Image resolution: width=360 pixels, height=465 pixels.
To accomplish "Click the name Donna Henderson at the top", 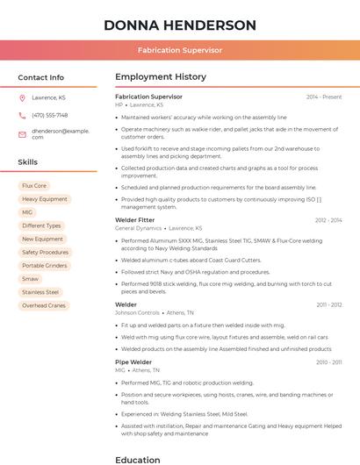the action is click(180, 25).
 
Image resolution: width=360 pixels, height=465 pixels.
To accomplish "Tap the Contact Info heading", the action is click(41, 77).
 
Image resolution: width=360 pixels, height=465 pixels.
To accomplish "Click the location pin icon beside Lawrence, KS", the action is click(22, 97).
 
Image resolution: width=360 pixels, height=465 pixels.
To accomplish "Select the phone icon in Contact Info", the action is click(22, 115).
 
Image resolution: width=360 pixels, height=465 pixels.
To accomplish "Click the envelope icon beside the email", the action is click(22, 133).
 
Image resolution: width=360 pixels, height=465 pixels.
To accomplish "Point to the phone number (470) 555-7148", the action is click(50, 115).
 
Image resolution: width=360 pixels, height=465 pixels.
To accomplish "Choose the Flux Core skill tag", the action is click(34, 186).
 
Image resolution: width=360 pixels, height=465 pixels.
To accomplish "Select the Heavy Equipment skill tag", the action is click(45, 199).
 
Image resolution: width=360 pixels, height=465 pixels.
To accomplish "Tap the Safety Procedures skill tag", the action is click(46, 252).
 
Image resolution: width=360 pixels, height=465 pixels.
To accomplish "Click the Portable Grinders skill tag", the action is click(45, 265).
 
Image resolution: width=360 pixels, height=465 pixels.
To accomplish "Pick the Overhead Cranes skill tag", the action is click(44, 305).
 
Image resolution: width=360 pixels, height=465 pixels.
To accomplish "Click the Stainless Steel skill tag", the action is click(40, 292).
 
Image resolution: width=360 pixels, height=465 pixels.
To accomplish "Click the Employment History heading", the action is click(161, 77).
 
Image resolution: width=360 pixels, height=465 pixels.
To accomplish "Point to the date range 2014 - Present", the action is click(324, 97).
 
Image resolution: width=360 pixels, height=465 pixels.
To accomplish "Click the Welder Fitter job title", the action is click(134, 220).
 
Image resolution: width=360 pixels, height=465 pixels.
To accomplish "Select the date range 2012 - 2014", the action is click(328, 220).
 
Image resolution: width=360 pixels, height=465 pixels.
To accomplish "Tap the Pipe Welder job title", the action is click(133, 361).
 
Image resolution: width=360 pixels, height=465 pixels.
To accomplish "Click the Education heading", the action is click(138, 459).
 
